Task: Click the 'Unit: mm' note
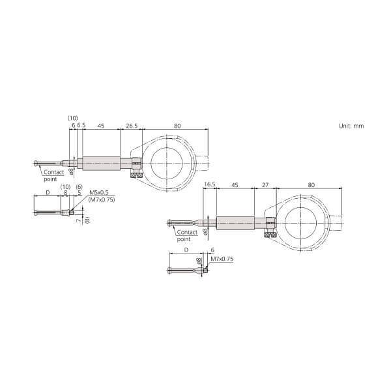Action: pyautogui.click(x=351, y=125)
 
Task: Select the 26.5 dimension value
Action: pyautogui.click(x=130, y=125)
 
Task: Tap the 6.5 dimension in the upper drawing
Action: pyautogui.click(x=80, y=125)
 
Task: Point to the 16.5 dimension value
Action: pyautogui.click(x=210, y=185)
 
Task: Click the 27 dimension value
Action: pyautogui.click(x=265, y=185)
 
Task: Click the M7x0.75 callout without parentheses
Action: pyautogui.click(x=222, y=259)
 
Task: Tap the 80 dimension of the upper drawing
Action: pyautogui.click(x=177, y=125)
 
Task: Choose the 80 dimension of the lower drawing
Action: pyautogui.click(x=311, y=185)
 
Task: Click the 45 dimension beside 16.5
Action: pyautogui.click(x=235, y=185)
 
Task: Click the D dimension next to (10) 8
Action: pyautogui.click(x=47, y=193)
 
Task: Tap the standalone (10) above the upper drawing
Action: pyautogui.click(x=73, y=118)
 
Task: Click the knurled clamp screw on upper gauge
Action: pyautogui.click(x=137, y=175)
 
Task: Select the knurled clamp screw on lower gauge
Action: pyautogui.click(x=270, y=234)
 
